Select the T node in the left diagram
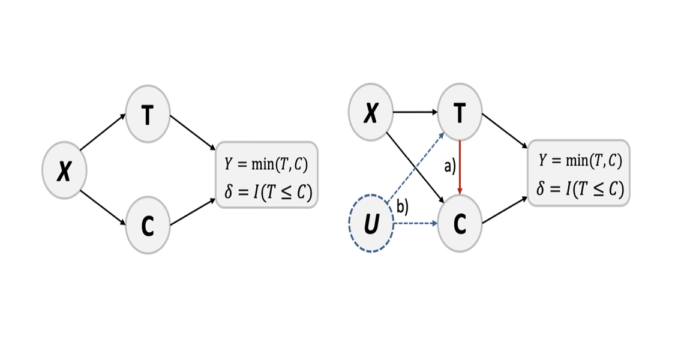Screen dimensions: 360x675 (148, 115)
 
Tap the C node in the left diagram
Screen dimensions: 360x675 (148, 224)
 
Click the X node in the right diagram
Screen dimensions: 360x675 (371, 113)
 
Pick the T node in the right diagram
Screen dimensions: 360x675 (460, 113)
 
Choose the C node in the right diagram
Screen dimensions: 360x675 (460, 224)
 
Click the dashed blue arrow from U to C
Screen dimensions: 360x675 (415, 224)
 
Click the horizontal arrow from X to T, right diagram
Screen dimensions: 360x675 (415, 112)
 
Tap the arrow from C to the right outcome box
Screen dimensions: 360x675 (505, 211)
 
